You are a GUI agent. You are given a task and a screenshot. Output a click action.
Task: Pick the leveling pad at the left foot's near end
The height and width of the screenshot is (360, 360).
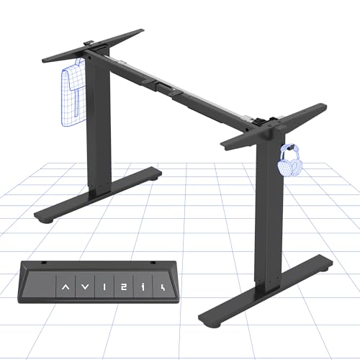(x=42, y=216)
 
